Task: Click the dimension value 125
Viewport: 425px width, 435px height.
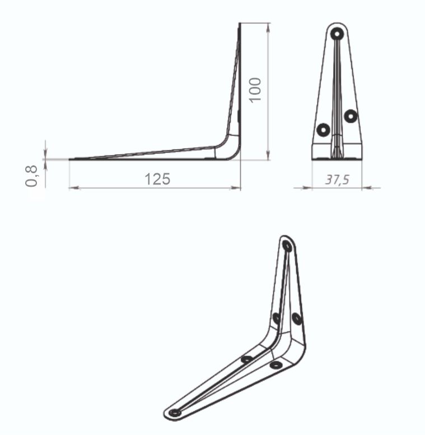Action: (157, 179)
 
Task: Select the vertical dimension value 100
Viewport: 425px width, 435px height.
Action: (255, 90)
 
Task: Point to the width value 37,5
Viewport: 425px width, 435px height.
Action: (337, 179)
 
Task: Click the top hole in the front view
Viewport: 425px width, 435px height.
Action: (337, 34)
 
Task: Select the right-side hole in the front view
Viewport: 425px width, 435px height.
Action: (351, 116)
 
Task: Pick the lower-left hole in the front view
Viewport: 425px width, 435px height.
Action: (323, 130)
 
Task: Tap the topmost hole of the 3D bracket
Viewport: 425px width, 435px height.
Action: (287, 246)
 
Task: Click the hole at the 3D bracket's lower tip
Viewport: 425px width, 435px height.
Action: (175, 413)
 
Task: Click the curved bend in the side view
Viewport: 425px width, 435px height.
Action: (230, 149)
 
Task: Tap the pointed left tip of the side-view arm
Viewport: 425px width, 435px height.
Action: (71, 159)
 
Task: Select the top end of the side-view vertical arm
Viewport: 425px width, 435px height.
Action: (240, 25)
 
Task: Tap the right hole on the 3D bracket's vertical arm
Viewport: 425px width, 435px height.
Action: (297, 318)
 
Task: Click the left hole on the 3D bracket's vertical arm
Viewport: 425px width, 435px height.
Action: (276, 318)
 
